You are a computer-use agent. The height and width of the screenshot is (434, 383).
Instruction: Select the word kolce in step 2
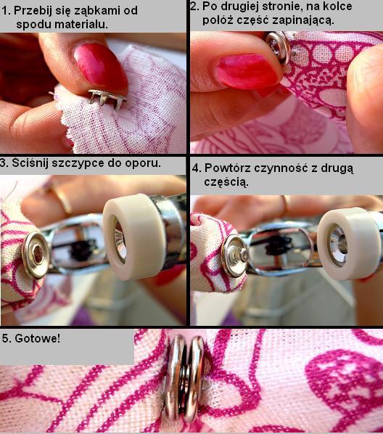[338, 6]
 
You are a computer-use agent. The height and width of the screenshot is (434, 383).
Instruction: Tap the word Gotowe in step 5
[37, 338]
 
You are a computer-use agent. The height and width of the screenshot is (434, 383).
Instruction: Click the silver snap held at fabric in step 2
[277, 46]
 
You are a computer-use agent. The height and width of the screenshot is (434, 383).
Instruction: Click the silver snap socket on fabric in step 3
[36, 255]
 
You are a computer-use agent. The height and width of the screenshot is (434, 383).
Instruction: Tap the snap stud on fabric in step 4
[236, 255]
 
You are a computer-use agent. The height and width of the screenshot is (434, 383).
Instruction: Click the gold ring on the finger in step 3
[62, 198]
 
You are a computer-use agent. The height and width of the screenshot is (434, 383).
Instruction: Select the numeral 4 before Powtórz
[195, 168]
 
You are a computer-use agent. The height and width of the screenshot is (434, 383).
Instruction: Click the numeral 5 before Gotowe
[5, 338]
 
